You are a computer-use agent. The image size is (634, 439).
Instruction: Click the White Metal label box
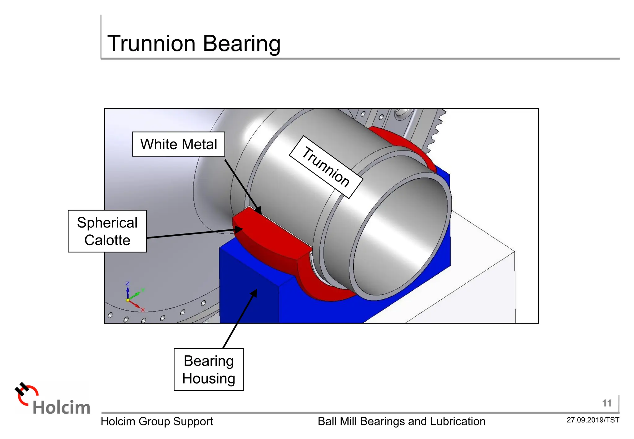tap(179, 144)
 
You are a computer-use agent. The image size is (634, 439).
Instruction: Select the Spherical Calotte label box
tap(107, 231)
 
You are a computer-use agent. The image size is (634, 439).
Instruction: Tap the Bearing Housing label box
tap(209, 370)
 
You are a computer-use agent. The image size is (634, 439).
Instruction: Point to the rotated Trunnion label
tap(326, 167)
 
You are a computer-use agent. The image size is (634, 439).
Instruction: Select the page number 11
tap(607, 403)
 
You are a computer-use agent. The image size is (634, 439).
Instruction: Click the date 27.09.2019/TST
tap(593, 420)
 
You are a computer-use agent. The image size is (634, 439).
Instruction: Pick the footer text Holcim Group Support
tap(157, 421)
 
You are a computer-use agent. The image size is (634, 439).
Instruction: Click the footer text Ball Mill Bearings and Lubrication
tap(402, 421)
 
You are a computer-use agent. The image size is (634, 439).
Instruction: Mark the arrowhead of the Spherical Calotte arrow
tap(239, 229)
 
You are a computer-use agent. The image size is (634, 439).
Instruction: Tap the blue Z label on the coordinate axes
tap(128, 284)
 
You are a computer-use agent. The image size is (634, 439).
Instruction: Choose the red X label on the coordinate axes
tap(143, 310)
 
